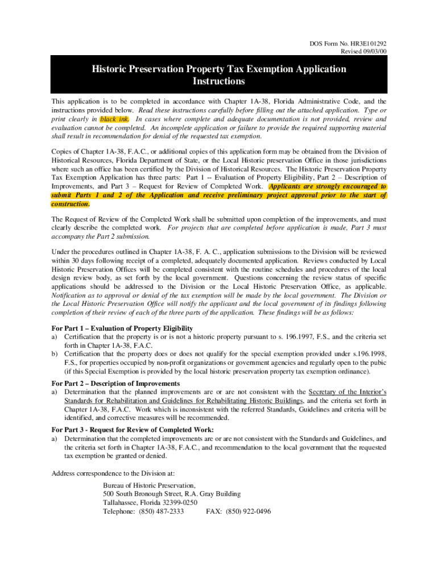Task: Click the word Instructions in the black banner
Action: (218, 81)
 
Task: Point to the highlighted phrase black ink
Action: (114, 119)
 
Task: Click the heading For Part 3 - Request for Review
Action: (133, 430)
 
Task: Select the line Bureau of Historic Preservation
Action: (149, 485)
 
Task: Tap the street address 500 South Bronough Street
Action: (144, 494)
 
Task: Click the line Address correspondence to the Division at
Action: (113, 473)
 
